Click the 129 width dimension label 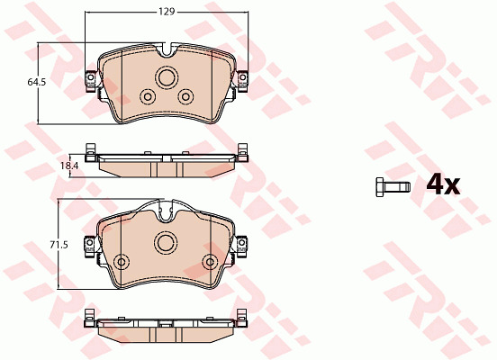point(167,12)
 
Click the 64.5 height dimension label point(37,82)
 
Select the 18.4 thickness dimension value point(69,166)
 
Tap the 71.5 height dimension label point(59,245)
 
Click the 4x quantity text point(443,185)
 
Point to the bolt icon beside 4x point(393,187)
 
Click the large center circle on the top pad point(167,77)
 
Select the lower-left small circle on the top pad point(148,96)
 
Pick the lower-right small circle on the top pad point(185,96)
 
